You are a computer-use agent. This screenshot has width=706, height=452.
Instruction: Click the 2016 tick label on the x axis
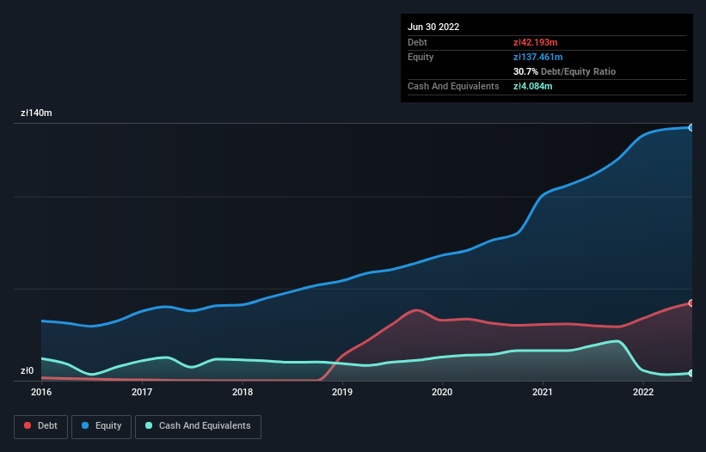click(x=41, y=393)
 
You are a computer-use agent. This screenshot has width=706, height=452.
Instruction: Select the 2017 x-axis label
click(x=142, y=393)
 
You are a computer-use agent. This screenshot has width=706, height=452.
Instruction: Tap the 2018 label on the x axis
click(x=242, y=393)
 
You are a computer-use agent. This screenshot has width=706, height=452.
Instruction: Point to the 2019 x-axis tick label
click(x=342, y=393)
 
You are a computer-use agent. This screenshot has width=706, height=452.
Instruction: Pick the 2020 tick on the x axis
click(x=442, y=393)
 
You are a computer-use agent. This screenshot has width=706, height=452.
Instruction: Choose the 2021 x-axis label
click(x=543, y=393)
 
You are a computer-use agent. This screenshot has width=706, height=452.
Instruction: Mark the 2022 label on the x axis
click(x=643, y=393)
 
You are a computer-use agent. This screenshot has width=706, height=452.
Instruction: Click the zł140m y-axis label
click(x=37, y=113)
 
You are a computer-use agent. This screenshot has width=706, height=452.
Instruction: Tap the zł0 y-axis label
click(x=28, y=371)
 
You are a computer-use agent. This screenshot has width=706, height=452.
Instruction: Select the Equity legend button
click(x=101, y=425)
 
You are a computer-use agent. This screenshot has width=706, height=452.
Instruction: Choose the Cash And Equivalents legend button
click(x=198, y=425)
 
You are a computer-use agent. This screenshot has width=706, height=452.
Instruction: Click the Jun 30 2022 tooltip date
click(x=433, y=27)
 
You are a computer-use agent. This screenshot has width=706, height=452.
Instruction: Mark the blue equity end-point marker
click(x=691, y=127)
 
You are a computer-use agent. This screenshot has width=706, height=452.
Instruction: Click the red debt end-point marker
click(x=691, y=302)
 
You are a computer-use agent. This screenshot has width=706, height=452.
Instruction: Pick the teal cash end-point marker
click(x=691, y=373)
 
